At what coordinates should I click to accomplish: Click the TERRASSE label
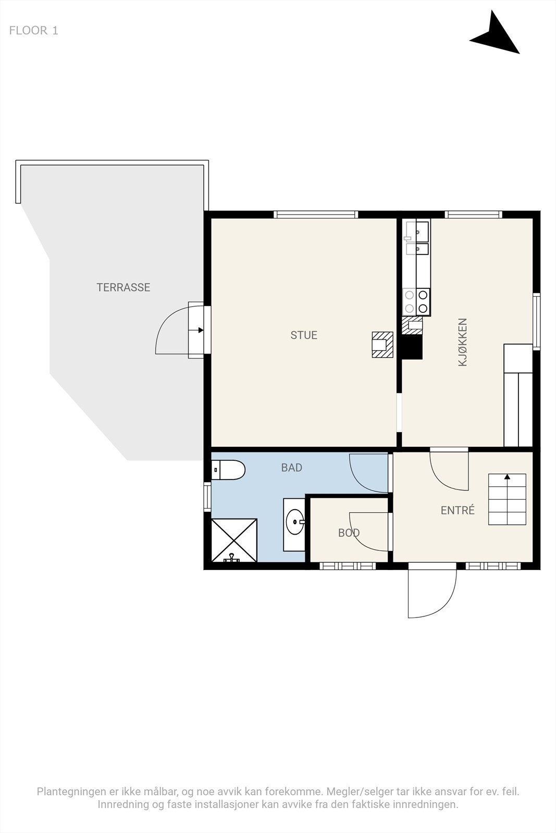(x=123, y=287)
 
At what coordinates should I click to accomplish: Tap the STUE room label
(x=304, y=335)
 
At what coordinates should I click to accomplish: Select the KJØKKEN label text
(x=462, y=342)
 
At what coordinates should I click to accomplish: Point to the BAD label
(x=291, y=468)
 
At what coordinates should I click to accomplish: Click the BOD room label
(x=349, y=533)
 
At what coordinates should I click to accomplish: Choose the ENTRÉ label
(x=458, y=510)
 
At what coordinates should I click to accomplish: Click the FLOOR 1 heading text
(x=33, y=31)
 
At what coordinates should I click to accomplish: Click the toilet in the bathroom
(x=228, y=470)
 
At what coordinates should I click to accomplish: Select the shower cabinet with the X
(x=234, y=540)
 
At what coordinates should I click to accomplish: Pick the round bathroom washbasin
(x=295, y=521)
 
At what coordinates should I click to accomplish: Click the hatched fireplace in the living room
(x=382, y=345)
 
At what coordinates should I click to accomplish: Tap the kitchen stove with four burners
(x=416, y=302)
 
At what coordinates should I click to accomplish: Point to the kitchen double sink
(x=417, y=237)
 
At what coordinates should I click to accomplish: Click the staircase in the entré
(x=507, y=499)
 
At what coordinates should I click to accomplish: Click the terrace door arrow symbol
(x=200, y=330)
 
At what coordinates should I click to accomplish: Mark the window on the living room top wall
(x=316, y=214)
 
